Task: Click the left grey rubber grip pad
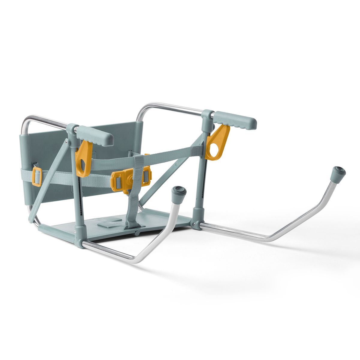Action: (95, 136)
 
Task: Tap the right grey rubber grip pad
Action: (236, 119)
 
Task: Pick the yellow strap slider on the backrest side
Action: (37, 177)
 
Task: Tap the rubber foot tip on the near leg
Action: (179, 192)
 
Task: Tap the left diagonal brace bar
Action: (48, 180)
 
